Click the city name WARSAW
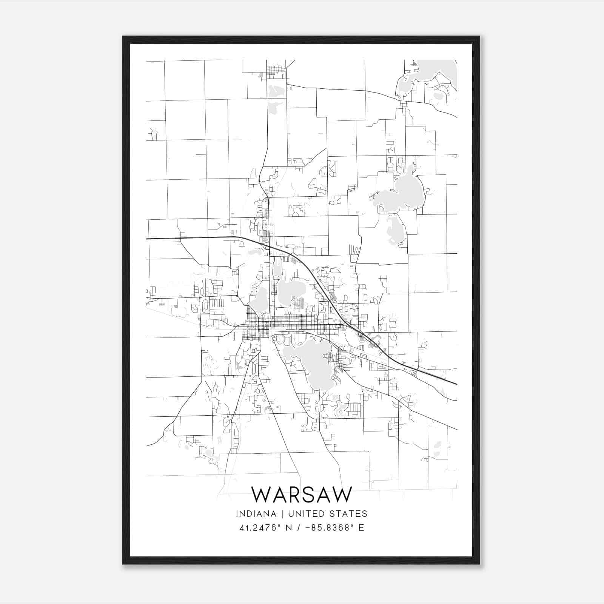click(302, 495)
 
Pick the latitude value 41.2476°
click(260, 528)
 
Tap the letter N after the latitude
click(289, 528)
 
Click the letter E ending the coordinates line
click(361, 528)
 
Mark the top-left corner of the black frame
click(123, 37)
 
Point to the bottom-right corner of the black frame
click(479, 564)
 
